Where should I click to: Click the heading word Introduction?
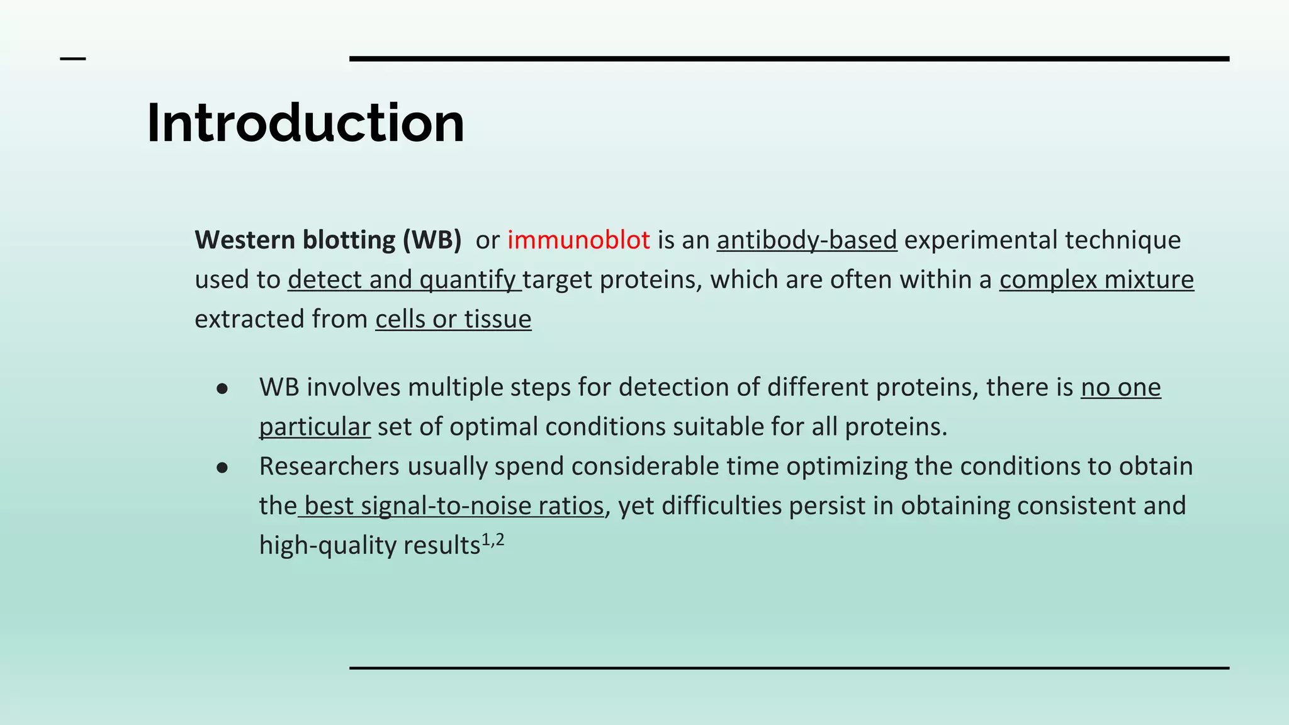(x=305, y=123)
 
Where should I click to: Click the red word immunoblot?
(x=578, y=240)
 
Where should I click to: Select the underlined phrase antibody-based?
(x=806, y=240)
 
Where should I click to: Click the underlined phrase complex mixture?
(x=1096, y=280)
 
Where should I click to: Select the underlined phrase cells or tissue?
(x=453, y=320)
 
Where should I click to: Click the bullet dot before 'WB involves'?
(x=222, y=389)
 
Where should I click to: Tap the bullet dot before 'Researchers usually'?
(x=222, y=468)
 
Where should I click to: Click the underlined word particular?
(x=314, y=427)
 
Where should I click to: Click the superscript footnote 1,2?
(x=493, y=540)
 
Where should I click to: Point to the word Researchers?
(x=329, y=467)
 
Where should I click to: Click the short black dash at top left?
(x=72, y=59)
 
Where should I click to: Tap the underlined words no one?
(x=1120, y=388)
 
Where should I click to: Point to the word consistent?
(x=1076, y=506)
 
